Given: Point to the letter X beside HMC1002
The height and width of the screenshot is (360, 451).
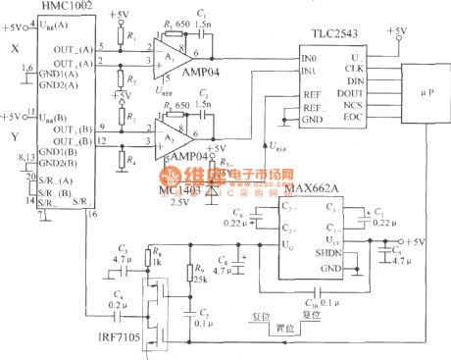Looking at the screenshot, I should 13,46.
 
